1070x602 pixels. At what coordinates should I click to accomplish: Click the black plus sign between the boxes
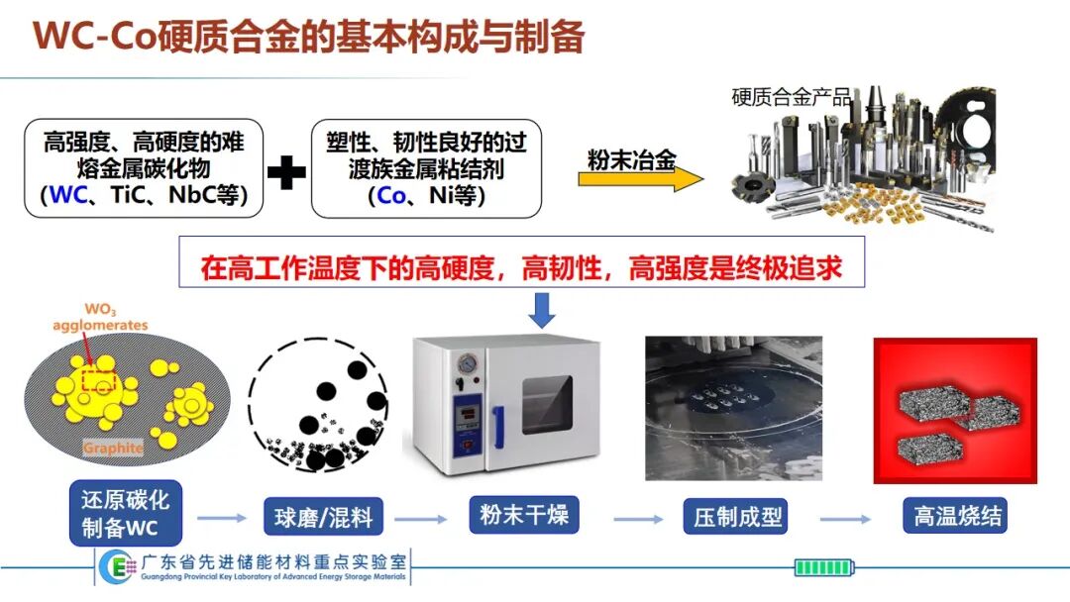(x=286, y=172)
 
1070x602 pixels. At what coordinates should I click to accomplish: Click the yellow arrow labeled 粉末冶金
(x=640, y=179)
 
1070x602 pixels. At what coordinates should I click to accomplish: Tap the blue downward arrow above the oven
(x=542, y=310)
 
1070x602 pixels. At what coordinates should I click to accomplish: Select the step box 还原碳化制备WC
(x=126, y=513)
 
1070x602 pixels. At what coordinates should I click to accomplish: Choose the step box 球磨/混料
(x=323, y=517)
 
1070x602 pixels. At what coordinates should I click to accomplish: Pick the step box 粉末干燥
(x=524, y=514)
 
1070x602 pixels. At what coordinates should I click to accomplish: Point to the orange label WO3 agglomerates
(x=100, y=318)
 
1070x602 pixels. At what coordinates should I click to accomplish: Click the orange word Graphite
(x=113, y=448)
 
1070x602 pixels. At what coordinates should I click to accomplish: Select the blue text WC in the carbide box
(x=69, y=195)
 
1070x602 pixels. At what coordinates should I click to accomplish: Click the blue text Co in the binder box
(x=391, y=196)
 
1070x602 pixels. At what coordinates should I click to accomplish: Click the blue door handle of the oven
(x=498, y=428)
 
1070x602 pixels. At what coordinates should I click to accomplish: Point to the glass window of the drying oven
(x=547, y=404)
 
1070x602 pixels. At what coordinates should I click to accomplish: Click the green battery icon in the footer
(x=824, y=567)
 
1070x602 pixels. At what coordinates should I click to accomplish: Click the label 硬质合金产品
(x=792, y=97)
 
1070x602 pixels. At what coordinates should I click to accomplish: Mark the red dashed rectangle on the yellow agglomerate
(x=98, y=380)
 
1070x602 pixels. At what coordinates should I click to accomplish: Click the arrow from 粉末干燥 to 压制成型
(x=638, y=520)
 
